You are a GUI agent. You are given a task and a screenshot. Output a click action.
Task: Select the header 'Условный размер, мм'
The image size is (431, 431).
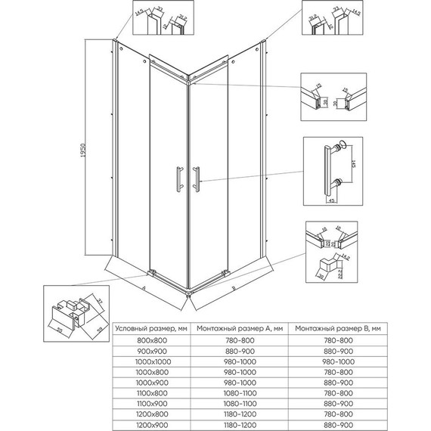(151, 329)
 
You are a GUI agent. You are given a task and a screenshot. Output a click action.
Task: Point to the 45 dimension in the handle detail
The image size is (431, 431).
(332, 201)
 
